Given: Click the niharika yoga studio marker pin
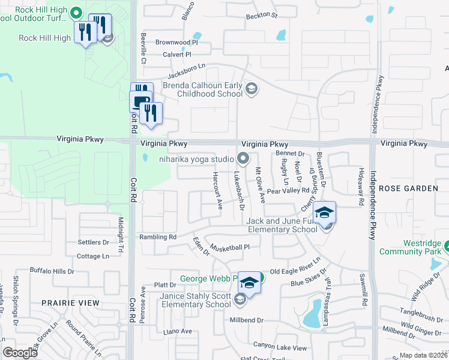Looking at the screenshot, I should tap(243, 159).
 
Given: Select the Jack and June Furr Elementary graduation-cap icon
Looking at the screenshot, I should tap(324, 213).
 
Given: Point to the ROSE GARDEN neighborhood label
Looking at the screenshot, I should tap(409, 188).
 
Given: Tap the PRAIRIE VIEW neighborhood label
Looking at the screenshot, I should tap(71, 303).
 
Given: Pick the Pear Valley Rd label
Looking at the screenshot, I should tap(288, 191).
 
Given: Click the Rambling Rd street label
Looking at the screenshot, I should tap(158, 237).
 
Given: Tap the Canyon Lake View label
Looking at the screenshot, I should tap(280, 347).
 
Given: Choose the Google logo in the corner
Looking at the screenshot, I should tap(20, 352).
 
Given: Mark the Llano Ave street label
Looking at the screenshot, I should tap(178, 331).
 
